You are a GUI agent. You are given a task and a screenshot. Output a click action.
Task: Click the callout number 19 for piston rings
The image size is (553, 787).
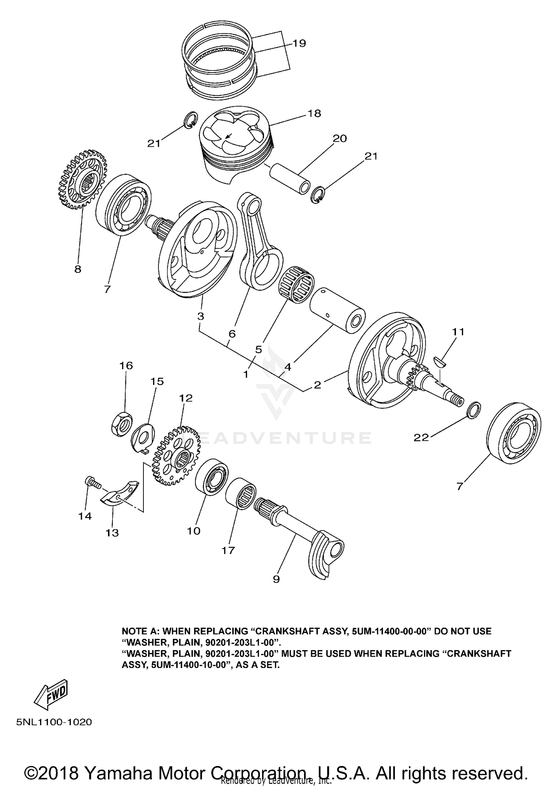point(299,43)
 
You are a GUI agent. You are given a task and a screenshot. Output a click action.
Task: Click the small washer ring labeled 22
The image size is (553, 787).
point(474,410)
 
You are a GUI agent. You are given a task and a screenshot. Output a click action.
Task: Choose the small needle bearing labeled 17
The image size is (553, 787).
point(241,494)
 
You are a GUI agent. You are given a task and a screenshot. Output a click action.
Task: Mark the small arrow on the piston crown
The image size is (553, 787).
point(229,136)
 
